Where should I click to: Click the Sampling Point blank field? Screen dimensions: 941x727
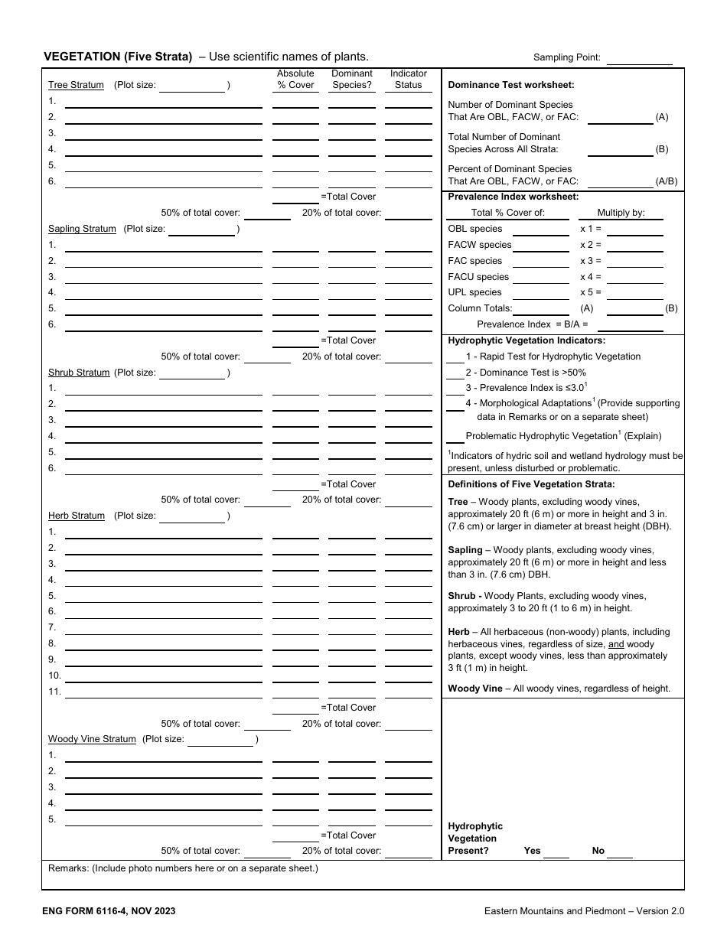point(639,58)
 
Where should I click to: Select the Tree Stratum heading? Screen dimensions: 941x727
point(76,85)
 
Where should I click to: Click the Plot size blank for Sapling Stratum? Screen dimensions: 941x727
point(202,230)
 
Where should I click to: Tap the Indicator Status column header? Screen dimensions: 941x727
point(408,80)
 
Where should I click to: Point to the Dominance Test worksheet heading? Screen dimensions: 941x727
point(510,85)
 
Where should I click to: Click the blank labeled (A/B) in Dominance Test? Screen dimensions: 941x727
point(620,182)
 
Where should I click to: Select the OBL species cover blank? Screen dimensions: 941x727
point(540,230)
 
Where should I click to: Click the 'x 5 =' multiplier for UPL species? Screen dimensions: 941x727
point(591,292)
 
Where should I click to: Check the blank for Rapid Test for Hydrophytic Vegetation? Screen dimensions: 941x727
point(455,357)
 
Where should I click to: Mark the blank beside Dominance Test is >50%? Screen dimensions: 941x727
point(455,373)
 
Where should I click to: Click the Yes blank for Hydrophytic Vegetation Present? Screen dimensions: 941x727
point(556,851)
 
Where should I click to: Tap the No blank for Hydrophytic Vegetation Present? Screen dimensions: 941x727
point(620,851)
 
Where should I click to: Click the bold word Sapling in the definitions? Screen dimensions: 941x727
point(465,550)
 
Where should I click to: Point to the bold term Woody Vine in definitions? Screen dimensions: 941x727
point(474,689)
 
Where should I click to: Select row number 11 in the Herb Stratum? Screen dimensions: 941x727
point(54,692)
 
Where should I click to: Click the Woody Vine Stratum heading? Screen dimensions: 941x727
point(92,739)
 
